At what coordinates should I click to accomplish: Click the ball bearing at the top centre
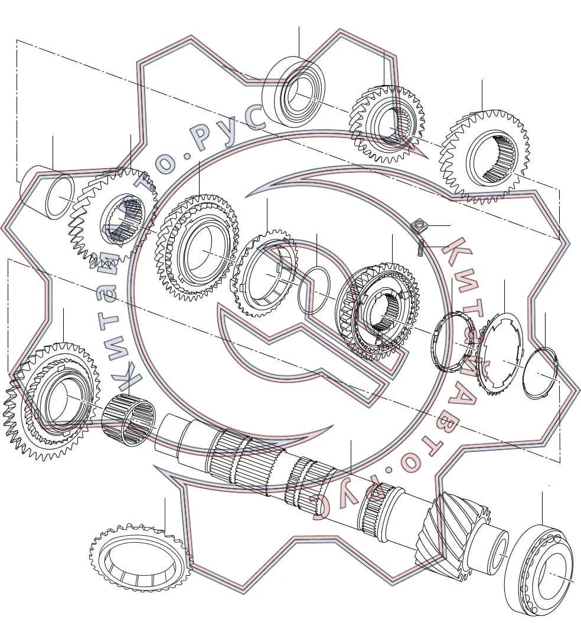click(x=293, y=91)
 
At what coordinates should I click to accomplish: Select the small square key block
click(x=419, y=227)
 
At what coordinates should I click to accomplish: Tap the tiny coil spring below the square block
click(x=421, y=248)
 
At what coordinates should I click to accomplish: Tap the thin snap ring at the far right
click(x=540, y=372)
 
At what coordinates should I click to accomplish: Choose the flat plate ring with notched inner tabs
click(x=500, y=353)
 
